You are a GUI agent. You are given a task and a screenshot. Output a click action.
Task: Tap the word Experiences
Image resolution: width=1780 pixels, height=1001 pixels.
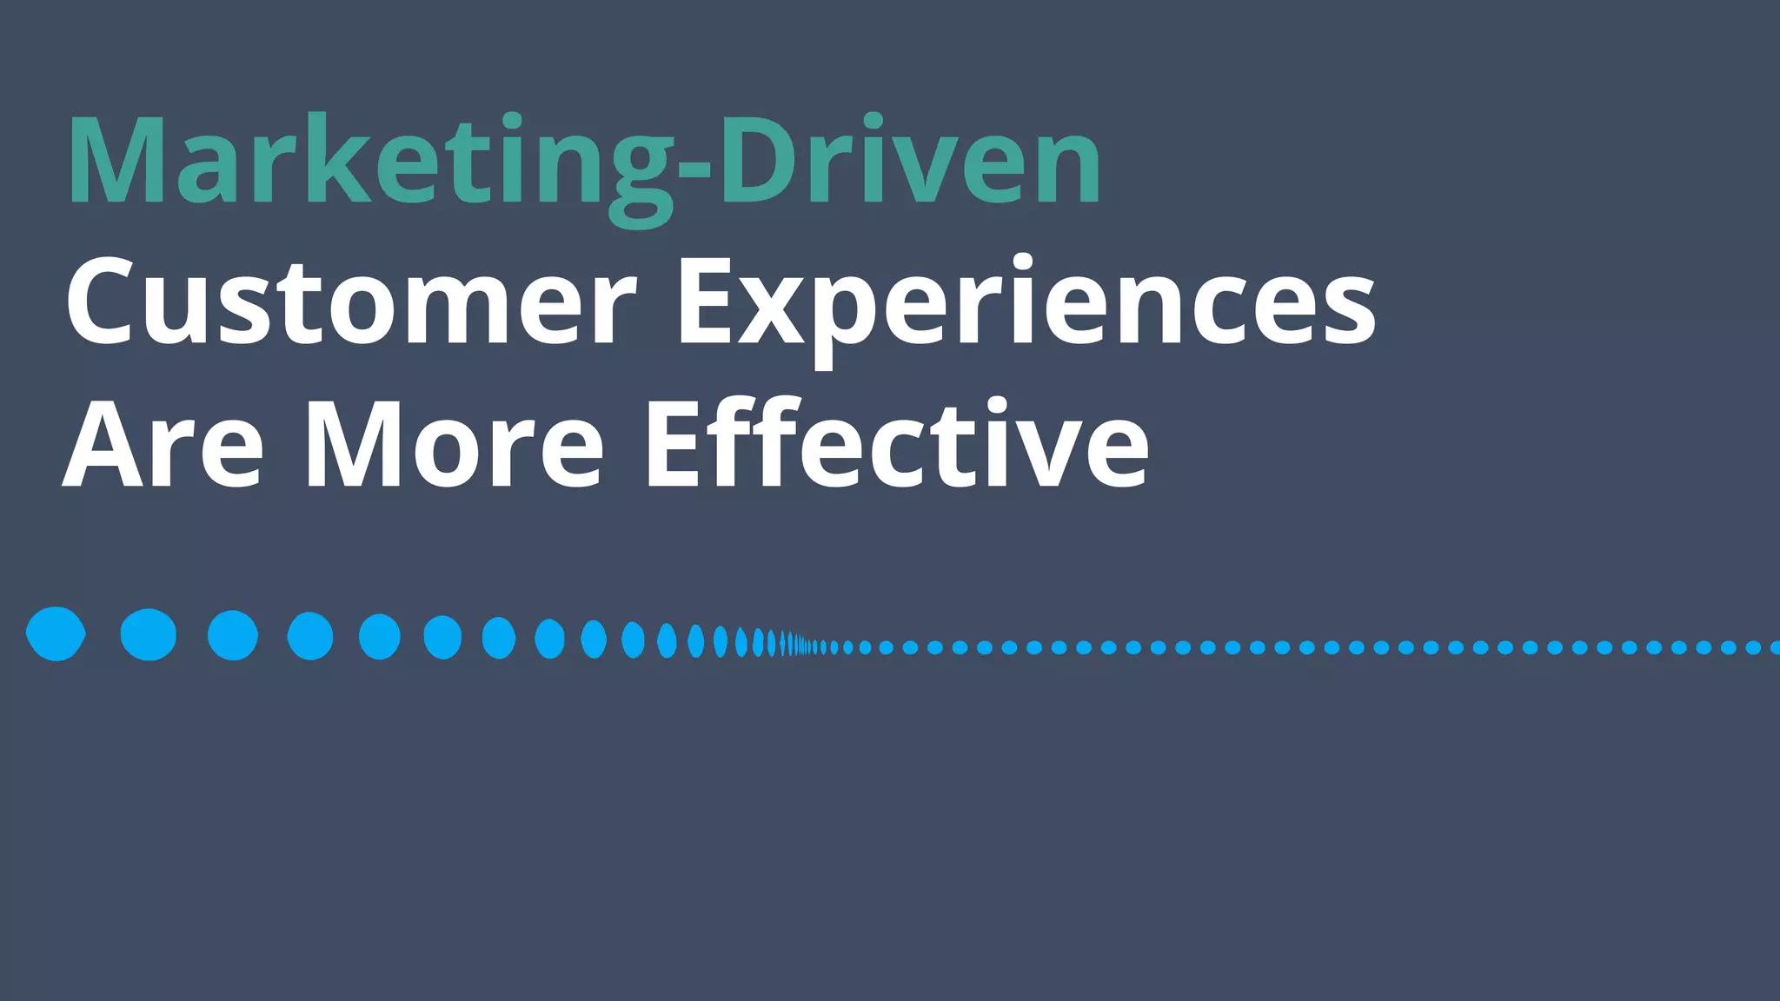click(1026, 303)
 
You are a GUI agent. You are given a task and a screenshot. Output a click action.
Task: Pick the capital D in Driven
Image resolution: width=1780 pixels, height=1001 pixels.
click(761, 162)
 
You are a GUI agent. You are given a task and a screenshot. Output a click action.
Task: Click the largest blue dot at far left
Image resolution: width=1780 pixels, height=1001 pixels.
click(56, 634)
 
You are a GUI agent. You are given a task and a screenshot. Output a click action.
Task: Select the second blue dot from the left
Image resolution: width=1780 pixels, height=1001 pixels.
click(149, 634)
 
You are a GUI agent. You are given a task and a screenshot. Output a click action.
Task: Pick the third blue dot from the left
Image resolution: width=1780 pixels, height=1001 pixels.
click(233, 635)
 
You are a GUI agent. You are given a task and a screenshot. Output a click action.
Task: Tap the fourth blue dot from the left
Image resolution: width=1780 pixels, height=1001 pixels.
click(310, 636)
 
